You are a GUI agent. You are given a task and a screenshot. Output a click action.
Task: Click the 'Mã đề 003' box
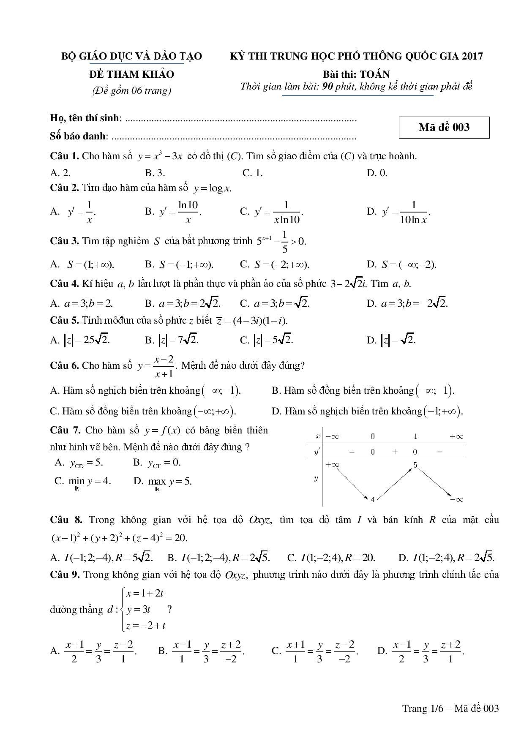(444, 128)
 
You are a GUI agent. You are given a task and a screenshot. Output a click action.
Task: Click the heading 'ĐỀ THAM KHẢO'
(131, 74)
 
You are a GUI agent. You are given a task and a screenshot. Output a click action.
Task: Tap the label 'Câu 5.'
(64, 321)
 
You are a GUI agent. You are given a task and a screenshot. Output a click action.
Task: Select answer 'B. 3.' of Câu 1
(155, 173)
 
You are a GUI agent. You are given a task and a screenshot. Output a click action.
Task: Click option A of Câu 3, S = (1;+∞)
(82, 265)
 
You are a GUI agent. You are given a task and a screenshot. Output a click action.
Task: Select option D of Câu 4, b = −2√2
(407, 303)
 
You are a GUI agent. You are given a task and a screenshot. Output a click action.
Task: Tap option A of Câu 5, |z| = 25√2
(80, 340)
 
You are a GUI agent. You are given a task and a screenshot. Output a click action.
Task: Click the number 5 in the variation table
(415, 465)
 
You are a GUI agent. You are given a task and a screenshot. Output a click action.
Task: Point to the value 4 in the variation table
(372, 500)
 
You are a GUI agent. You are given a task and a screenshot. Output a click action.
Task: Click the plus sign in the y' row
(395, 452)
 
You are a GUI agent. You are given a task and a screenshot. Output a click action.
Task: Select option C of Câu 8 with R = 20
(331, 558)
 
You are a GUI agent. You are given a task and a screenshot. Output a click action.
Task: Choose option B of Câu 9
(202, 651)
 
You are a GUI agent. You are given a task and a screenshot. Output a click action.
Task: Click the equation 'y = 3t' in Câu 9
(138, 610)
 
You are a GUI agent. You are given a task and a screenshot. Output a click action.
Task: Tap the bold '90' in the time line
(328, 87)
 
